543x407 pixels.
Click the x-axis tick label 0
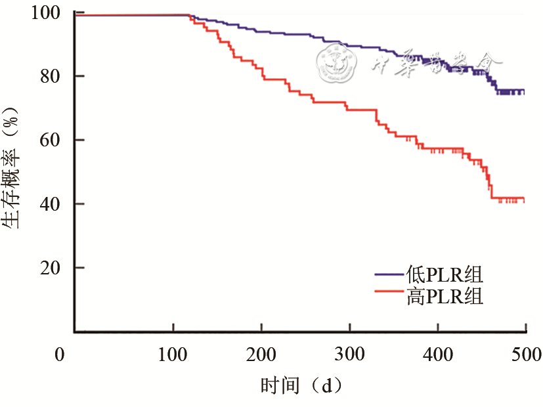[60, 355]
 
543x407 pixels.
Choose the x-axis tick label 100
[173, 355]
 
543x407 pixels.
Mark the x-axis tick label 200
[261, 355]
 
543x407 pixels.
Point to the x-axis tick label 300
[350, 355]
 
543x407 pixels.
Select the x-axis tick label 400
[438, 355]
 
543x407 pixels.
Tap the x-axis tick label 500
[525, 355]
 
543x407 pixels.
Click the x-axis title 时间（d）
[301, 384]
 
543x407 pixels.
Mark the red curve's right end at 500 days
[524, 199]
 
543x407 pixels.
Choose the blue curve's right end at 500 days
[524, 91]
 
